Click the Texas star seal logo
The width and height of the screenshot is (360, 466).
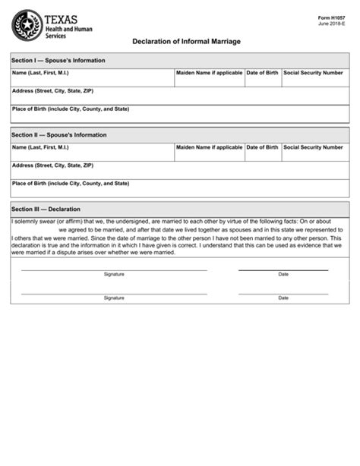(27, 25)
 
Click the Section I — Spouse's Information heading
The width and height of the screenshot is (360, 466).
(58, 60)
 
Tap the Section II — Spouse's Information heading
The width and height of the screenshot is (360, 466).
(59, 134)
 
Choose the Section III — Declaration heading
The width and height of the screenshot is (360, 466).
(46, 209)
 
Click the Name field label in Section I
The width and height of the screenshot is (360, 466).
(40, 73)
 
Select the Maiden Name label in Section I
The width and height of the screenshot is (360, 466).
(209, 73)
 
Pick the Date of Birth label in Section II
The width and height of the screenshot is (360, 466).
(262, 147)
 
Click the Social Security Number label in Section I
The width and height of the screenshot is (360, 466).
(313, 73)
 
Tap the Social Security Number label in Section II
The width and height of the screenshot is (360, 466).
(313, 147)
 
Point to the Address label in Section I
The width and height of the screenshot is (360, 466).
(52, 90)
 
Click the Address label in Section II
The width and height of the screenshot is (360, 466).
(52, 165)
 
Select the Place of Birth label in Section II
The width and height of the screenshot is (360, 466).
(70, 183)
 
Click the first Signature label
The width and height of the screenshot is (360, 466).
(114, 274)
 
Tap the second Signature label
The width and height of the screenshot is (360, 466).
(114, 298)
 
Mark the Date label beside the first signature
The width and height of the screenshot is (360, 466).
(283, 274)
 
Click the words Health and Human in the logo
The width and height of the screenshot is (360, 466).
(68, 29)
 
